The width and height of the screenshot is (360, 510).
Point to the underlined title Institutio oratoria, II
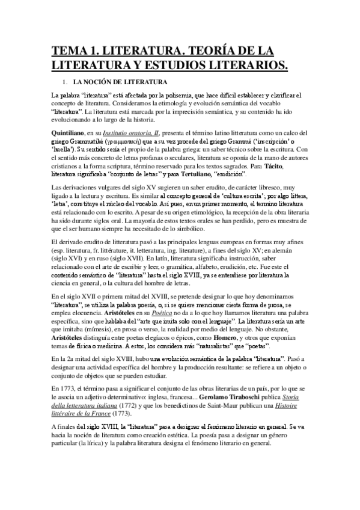tap(132, 132)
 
